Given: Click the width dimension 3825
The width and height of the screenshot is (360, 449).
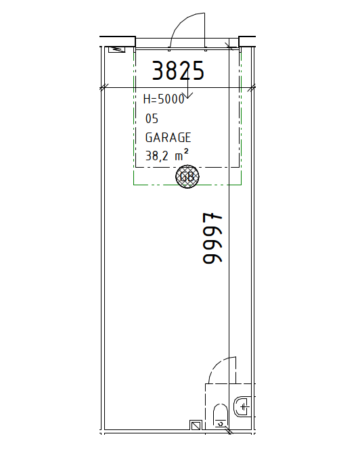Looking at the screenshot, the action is tap(178, 70).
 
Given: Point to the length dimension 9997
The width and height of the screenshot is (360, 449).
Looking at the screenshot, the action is tap(212, 238).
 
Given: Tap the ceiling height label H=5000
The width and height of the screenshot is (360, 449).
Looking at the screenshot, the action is tap(164, 99).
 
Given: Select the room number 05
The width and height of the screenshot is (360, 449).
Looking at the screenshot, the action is tap(152, 118).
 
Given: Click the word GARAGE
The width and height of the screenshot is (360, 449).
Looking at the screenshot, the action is tap(168, 137).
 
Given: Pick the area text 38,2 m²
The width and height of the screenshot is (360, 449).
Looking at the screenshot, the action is tap(167, 155).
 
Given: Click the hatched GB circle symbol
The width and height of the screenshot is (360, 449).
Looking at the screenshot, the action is tap(187, 176).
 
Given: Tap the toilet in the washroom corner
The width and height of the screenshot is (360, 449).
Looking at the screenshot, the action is tap(221, 416).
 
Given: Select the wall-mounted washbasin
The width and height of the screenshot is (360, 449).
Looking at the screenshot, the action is tap(242, 406).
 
